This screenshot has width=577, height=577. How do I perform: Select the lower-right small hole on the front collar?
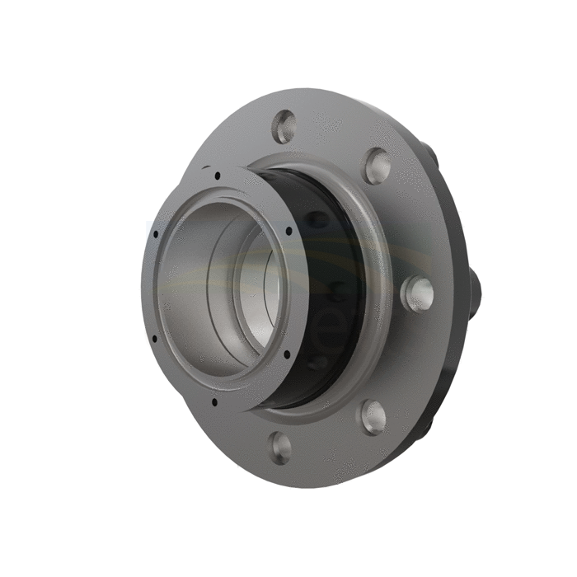point(286,354)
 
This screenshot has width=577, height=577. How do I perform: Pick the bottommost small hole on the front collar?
point(214,402)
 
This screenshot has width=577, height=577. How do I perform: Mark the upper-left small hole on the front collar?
point(156,234)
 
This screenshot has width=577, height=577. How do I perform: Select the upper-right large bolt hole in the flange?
point(377,166)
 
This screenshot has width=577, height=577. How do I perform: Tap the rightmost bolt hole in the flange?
point(416,293)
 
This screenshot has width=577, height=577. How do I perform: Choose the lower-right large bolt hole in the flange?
point(373,417)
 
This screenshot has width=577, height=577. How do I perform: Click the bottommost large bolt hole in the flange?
point(280,447)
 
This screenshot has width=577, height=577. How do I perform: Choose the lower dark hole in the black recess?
point(317,363)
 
